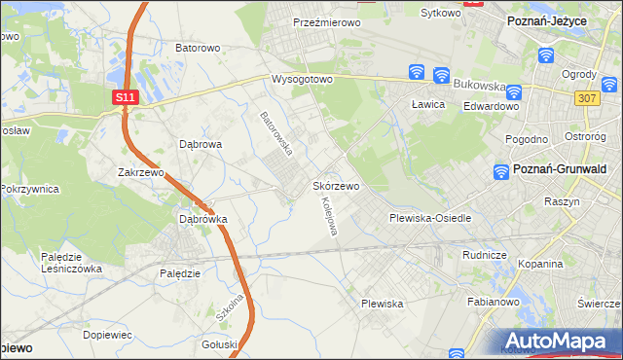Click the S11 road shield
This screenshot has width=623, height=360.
tap(123, 98)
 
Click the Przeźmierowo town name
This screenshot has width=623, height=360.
tap(327, 20)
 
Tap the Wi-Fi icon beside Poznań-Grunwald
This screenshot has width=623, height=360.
tap(501, 171)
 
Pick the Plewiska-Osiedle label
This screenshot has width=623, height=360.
tap(430, 218)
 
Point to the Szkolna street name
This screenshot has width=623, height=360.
tap(229, 310)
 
